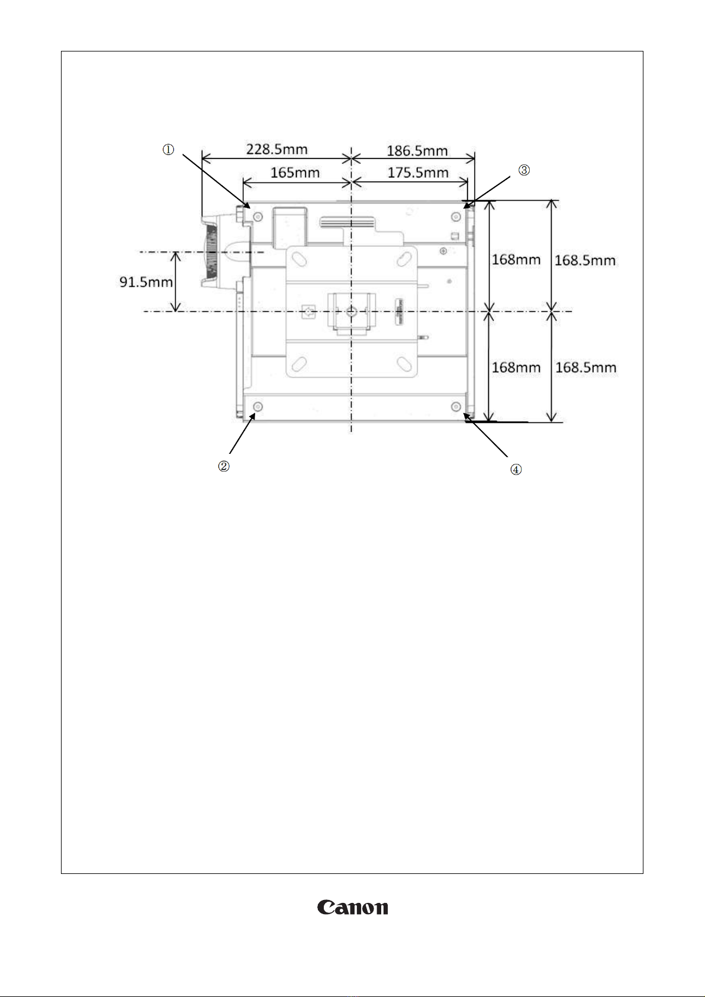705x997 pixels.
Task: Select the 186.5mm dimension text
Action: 417,150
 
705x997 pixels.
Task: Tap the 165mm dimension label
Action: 295,173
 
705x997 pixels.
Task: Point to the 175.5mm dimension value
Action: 418,173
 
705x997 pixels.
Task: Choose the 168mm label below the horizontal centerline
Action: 516,367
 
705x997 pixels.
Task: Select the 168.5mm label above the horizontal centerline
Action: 585,260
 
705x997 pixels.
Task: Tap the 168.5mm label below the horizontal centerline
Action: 585,367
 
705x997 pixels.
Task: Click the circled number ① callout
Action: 169,150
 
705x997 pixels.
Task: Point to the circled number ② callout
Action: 224,466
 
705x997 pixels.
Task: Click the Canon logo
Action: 353,907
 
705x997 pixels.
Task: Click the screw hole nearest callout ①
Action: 258,217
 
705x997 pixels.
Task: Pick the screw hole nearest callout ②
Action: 258,406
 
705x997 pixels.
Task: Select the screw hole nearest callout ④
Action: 456,406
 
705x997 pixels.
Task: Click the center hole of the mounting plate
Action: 352,310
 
